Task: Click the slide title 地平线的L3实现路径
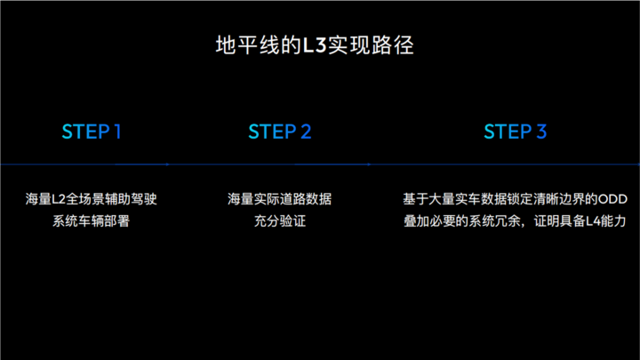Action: coord(315,45)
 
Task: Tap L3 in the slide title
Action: coord(315,45)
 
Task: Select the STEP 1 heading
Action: coord(92,132)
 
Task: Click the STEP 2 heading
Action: coord(280,132)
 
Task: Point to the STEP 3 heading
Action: coord(515,132)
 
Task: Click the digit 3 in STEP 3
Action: coord(541,132)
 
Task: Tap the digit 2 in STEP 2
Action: coord(306,132)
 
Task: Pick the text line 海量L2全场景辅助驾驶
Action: coord(91,199)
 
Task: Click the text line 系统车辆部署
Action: coord(91,220)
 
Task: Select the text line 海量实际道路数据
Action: coord(280,199)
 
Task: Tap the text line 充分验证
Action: coord(280,220)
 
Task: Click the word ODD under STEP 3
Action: coord(612,199)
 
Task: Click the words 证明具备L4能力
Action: coord(580,220)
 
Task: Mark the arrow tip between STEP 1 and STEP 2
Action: coord(168,164)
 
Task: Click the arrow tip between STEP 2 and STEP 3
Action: coord(369,164)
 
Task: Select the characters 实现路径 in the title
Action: coord(371,45)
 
